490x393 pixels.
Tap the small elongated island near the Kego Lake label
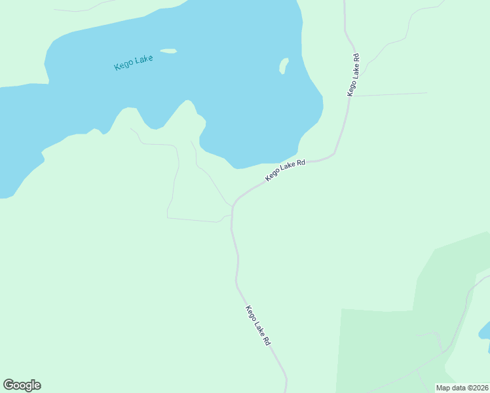pyautogui.click(x=168, y=51)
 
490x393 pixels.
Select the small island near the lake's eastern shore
pyautogui.click(x=284, y=65)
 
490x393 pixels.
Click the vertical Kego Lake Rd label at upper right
pyautogui.click(x=354, y=75)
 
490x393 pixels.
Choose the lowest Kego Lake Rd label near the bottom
pyautogui.click(x=258, y=325)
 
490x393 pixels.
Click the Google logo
pyautogui.click(x=22, y=385)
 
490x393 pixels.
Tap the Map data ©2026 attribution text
pyautogui.click(x=462, y=388)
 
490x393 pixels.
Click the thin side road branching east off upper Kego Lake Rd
pyautogui.click(x=393, y=94)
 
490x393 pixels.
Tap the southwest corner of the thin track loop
pyautogui.click(x=168, y=217)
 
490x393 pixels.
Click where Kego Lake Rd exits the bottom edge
pyautogui.click(x=286, y=391)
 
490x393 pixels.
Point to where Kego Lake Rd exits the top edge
pyautogui.click(x=345, y=2)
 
